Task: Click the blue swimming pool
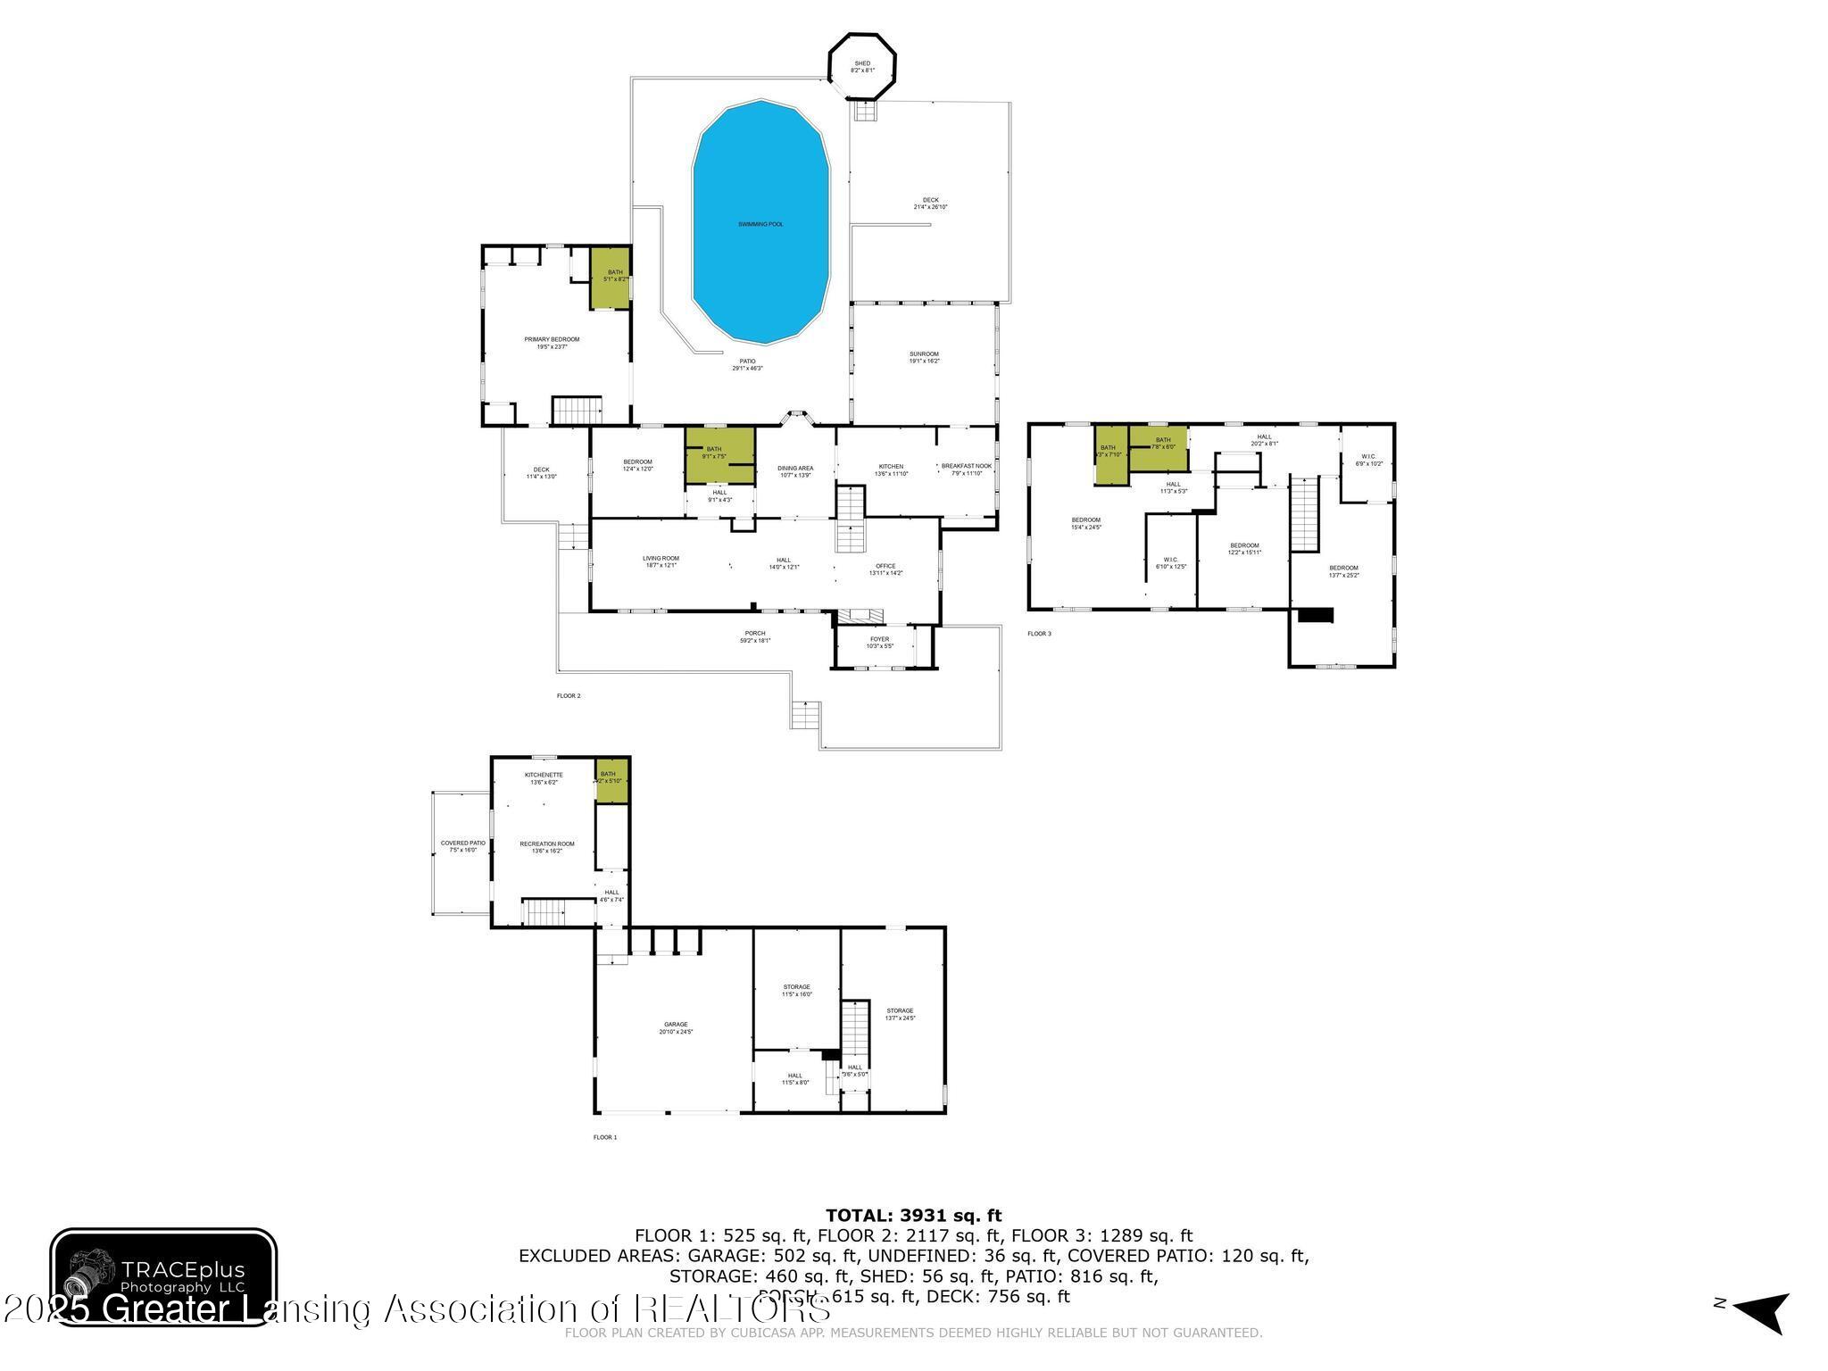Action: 760,223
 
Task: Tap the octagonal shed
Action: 861,67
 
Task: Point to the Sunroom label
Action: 924,357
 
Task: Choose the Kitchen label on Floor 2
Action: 891,469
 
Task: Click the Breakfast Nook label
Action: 966,469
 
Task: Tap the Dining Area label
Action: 794,471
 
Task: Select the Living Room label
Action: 661,561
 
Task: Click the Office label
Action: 885,569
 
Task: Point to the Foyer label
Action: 879,642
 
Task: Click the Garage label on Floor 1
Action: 676,1027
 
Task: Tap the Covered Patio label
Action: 462,846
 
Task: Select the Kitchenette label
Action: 543,777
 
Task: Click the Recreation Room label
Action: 547,846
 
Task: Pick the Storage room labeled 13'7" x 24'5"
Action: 900,1014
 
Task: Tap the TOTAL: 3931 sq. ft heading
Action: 913,1215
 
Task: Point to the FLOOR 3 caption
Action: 1039,634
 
